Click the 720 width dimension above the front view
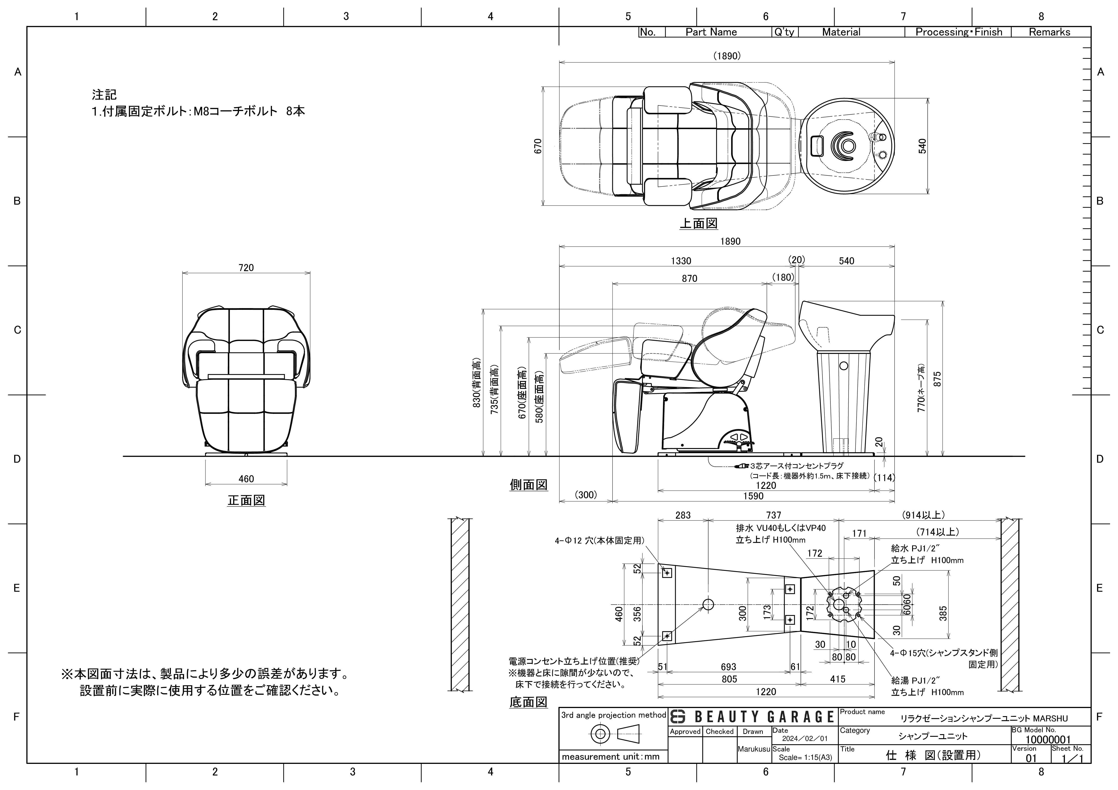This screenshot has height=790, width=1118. [246, 268]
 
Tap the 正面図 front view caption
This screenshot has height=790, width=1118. [246, 500]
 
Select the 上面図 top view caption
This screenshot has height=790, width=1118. [698, 223]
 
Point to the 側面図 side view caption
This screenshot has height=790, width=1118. [528, 485]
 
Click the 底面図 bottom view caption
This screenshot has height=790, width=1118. [528, 702]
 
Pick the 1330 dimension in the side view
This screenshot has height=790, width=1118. [681, 261]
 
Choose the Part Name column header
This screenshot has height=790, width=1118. [711, 32]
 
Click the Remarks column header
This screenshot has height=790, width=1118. [1049, 32]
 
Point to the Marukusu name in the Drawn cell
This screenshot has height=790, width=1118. [754, 749]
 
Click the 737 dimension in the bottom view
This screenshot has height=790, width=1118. [773, 515]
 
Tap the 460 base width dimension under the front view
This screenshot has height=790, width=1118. [246, 479]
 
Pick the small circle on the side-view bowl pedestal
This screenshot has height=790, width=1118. [844, 365]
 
